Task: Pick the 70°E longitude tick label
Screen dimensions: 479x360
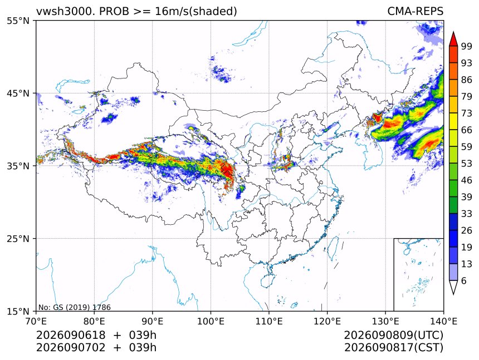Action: tap(36, 321)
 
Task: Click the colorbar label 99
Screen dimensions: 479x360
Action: tap(467, 46)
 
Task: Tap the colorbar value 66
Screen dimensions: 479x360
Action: tap(467, 130)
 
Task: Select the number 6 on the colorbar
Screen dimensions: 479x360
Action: tap(464, 280)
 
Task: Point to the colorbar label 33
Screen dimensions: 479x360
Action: tap(467, 214)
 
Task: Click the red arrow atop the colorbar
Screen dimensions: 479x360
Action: tap(453, 39)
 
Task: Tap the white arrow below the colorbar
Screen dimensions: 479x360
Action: tap(453, 287)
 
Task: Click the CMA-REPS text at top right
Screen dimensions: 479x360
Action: tap(415, 12)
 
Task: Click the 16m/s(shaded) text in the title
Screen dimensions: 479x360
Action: tap(196, 12)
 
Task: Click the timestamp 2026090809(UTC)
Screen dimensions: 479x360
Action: tap(393, 335)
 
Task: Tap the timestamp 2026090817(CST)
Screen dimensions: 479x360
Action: tap(393, 348)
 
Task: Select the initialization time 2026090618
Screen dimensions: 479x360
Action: tap(71, 335)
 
